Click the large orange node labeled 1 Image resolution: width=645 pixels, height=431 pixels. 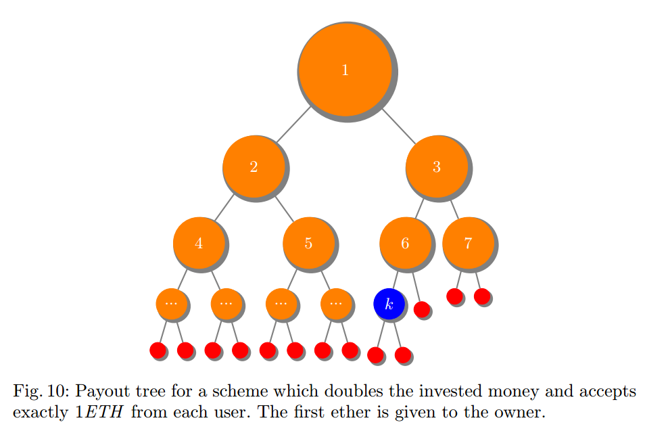345,70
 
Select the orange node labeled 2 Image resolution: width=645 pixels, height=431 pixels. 254,166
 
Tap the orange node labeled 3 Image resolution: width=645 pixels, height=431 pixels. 436,166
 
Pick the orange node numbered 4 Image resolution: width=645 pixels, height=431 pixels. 199,243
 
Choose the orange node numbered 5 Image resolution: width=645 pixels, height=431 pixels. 308,243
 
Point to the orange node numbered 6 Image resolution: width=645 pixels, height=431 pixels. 405,243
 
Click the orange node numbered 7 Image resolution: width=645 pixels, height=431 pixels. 468,243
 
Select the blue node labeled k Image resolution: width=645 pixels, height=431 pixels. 389,304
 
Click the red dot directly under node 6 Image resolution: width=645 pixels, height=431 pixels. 421,309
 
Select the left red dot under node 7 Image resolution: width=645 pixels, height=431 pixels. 454,296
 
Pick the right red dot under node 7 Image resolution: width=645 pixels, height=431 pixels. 481,296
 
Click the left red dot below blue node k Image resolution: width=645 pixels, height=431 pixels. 375,354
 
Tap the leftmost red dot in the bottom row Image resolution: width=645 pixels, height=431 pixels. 158,350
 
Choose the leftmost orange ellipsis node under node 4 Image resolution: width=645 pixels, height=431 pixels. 171,304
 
